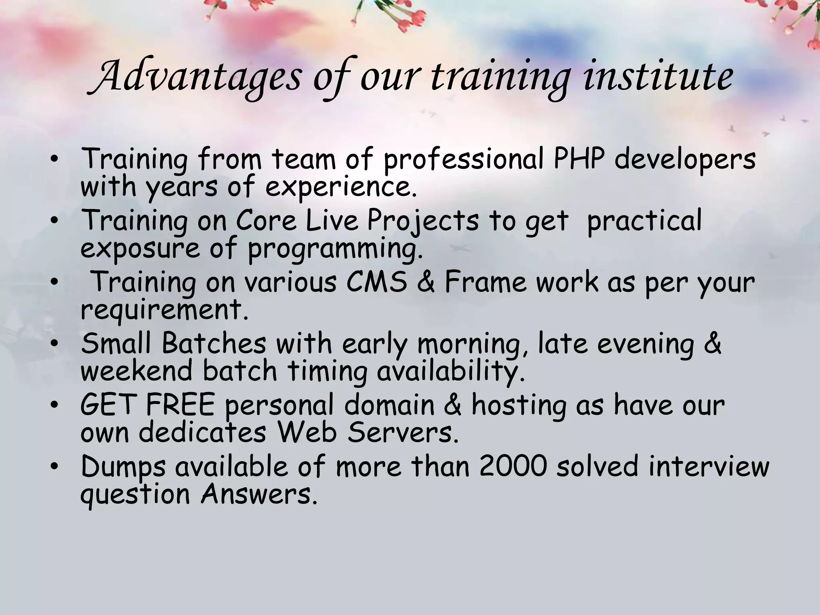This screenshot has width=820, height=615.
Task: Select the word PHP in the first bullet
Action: pos(579,159)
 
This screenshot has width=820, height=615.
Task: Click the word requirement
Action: pos(165,310)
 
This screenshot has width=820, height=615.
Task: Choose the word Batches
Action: pos(214,344)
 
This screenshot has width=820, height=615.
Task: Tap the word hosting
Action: pos(519,406)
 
